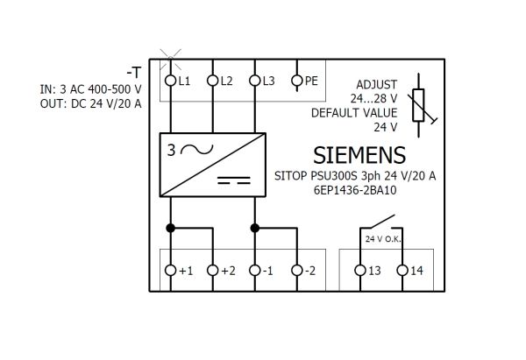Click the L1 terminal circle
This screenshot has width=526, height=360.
click(170, 81)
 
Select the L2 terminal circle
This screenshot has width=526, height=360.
click(213, 81)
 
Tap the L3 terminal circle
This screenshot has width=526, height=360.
click(255, 81)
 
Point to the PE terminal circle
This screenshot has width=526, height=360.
click(297, 81)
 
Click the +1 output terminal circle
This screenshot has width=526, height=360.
click(170, 270)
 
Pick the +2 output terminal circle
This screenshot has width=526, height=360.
click(213, 270)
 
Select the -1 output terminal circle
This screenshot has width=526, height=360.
click(255, 270)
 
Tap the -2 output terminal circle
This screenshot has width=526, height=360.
click(297, 270)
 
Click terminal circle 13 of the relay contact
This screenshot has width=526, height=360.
click(360, 270)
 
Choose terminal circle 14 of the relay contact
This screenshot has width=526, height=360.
click(402, 270)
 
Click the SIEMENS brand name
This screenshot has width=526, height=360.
click(359, 155)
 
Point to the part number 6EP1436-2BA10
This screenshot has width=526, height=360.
click(355, 190)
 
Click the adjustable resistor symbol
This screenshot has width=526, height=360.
click(419, 105)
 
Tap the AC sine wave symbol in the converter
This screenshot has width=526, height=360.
click(197, 150)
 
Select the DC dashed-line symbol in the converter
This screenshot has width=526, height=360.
click(234, 180)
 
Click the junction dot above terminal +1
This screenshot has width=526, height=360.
click(170, 229)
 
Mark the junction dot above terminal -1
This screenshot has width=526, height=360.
click(255, 229)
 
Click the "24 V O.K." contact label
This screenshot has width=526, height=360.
click(383, 239)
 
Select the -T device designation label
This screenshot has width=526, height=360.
click(134, 73)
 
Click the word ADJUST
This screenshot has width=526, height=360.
click(376, 84)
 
